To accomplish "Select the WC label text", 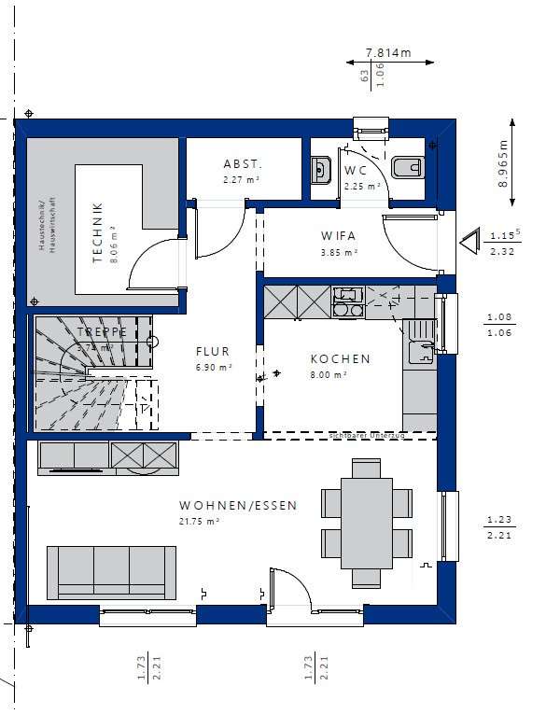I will (x=355, y=171).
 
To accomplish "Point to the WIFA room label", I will (x=339, y=236).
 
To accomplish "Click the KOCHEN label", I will (x=340, y=358).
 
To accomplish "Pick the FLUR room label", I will (x=212, y=352).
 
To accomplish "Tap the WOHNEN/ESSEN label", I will (x=238, y=506).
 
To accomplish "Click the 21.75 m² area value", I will (x=199, y=522).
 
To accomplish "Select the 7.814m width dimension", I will (x=388, y=53).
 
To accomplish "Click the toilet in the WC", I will (x=408, y=168).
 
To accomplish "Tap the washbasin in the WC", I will (x=319, y=170).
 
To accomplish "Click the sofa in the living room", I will (x=112, y=570).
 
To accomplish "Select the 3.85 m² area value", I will (x=339, y=252).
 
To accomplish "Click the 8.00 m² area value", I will (x=329, y=374).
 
